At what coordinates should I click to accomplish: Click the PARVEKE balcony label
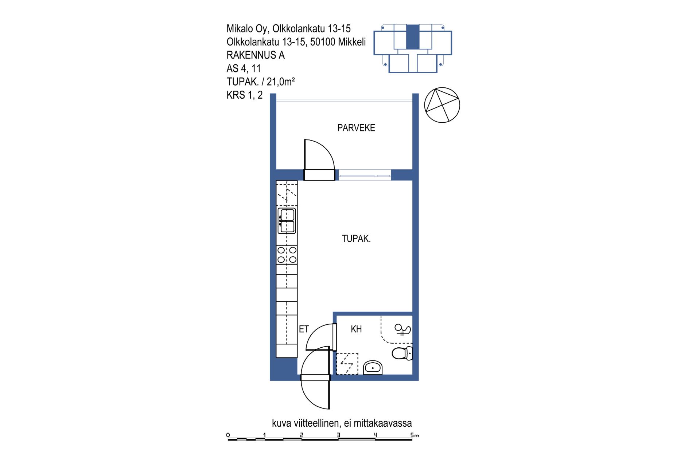pyautogui.click(x=356, y=128)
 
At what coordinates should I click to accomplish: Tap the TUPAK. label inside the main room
pyautogui.click(x=356, y=239)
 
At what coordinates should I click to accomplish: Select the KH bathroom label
pyautogui.click(x=356, y=329)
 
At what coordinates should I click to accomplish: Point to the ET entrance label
pyautogui.click(x=304, y=329)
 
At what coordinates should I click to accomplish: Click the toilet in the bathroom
pyautogui.click(x=402, y=353)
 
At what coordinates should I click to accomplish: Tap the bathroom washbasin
pyautogui.click(x=373, y=368)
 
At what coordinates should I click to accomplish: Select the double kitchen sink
pyautogui.click(x=287, y=221)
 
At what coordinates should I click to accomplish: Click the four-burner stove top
pyautogui.click(x=287, y=255)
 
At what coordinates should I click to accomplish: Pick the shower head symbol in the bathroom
pyautogui.click(x=402, y=330)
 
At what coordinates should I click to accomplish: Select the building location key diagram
pyautogui.click(x=413, y=48)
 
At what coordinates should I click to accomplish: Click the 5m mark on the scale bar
pyautogui.click(x=415, y=435)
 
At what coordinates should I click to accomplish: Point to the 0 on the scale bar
pyautogui.click(x=228, y=435)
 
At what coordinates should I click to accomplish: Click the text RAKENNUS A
pyautogui.click(x=256, y=55)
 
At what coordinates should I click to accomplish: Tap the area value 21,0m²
pyautogui.click(x=281, y=82)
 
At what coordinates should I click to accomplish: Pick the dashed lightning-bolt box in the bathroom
pyautogui.click(x=347, y=364)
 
